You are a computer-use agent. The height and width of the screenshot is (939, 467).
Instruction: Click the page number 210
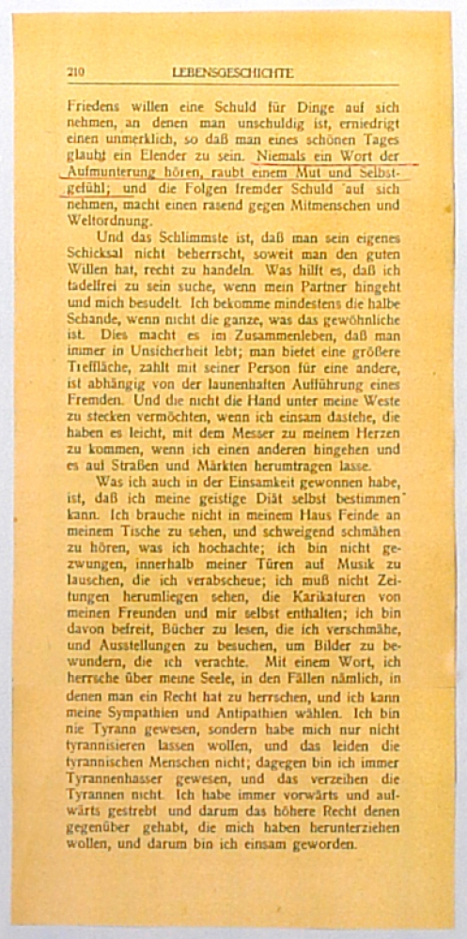pyautogui.click(x=76, y=72)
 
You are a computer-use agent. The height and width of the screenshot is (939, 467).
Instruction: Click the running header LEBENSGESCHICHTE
pyautogui.click(x=233, y=72)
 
